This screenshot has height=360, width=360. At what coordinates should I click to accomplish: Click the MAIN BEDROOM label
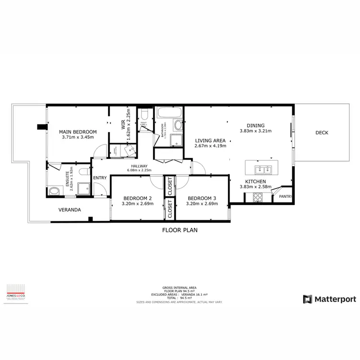pos(78,132)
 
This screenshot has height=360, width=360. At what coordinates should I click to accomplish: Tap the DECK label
pos(322,133)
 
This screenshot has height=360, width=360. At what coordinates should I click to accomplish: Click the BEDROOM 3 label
pos(202,198)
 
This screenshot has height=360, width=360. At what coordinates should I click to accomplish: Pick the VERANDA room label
pos(70,210)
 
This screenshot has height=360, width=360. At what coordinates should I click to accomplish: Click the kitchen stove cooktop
pos(257,197)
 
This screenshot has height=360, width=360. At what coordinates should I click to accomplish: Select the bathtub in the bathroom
pos(169,113)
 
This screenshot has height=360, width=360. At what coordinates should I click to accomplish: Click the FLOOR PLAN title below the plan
pos(180,230)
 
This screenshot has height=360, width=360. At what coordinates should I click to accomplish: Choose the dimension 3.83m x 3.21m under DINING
pos(255,131)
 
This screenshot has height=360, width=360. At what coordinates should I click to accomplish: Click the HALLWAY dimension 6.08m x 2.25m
pos(139,170)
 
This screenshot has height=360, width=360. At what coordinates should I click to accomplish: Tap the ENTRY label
pos(100,178)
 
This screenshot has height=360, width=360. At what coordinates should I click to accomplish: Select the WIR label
pos(123,125)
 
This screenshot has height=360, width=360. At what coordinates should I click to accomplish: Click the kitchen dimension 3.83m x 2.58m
pos(255,187)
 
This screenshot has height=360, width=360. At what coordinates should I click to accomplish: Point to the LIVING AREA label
pos(210,141)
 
